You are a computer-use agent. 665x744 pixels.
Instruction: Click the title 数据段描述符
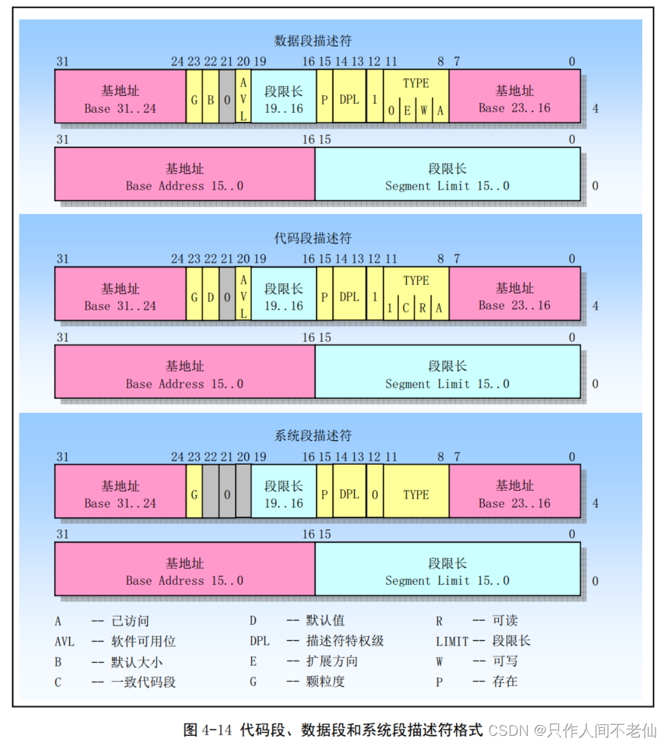313,40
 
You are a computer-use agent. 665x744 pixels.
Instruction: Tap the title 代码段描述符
313,238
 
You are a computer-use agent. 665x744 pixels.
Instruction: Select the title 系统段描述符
313,436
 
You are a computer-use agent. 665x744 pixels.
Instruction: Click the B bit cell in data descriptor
210,100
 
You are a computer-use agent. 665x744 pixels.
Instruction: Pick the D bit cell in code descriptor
210,297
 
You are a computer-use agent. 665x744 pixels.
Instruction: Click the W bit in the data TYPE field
424,111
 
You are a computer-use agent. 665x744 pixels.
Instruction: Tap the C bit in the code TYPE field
405,308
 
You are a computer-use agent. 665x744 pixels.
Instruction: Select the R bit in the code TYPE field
422,308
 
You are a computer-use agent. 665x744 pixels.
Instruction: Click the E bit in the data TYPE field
407,111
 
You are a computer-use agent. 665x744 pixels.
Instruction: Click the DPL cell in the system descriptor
349,495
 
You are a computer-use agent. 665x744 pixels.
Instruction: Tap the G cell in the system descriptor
194,495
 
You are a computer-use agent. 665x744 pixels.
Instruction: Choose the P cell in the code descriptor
324,297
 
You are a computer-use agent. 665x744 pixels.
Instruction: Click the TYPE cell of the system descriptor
416,495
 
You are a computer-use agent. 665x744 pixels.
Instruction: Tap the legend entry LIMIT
452,642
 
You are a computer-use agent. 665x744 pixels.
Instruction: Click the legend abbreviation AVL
64,642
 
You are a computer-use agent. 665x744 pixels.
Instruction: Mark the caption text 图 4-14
207,730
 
